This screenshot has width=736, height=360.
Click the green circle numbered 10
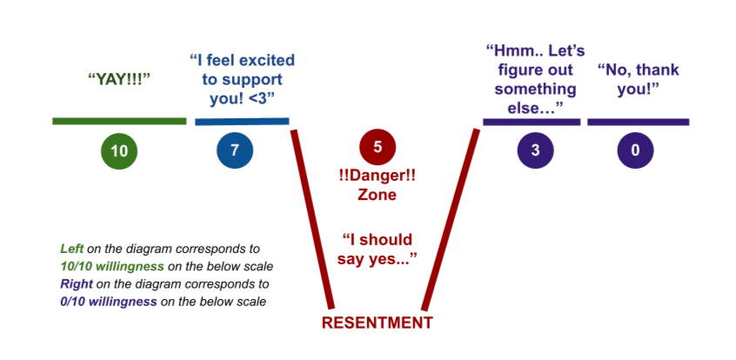point(119,150)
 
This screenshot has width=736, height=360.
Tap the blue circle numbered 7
point(235,150)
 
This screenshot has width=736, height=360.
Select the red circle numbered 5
point(377,147)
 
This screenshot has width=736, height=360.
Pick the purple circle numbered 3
point(535,150)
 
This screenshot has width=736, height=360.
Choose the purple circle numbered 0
point(635,150)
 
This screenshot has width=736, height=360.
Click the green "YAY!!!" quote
point(119,78)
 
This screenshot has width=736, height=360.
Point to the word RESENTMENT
point(376,323)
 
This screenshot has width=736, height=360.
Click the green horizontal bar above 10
point(119,121)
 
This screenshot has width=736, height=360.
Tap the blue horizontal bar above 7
point(241,121)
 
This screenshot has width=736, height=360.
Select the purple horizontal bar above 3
point(531,122)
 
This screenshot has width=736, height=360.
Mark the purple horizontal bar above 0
point(638,122)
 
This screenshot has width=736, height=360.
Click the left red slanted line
point(312,217)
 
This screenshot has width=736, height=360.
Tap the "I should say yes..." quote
point(377,248)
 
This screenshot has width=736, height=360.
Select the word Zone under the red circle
point(377,195)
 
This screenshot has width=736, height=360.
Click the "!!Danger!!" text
point(377,175)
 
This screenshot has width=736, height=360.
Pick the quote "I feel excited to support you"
point(242,79)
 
